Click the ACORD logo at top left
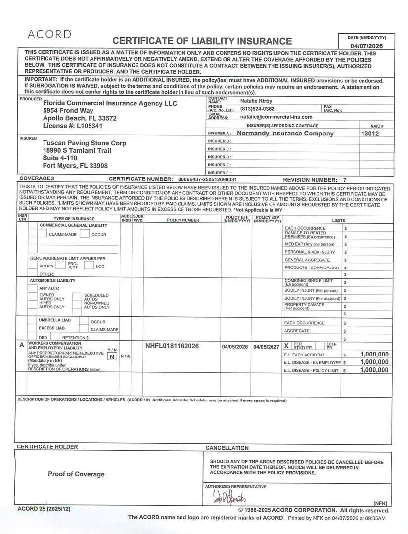[50, 34]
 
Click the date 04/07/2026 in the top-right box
[366, 45]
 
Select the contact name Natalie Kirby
[256, 101]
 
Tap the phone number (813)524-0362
[257, 109]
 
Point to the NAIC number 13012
[370, 133]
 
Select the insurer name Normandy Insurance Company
[285, 133]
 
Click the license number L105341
[85, 126]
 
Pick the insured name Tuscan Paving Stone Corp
[85, 143]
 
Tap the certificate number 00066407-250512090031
[207, 179]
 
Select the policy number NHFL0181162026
[172, 346]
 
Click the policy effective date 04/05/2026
[235, 347]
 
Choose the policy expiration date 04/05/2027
[266, 347]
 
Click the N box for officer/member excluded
[113, 356]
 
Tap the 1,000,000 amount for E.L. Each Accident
[374, 354]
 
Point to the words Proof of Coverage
[76, 474]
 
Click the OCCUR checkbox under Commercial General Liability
[84, 234]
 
